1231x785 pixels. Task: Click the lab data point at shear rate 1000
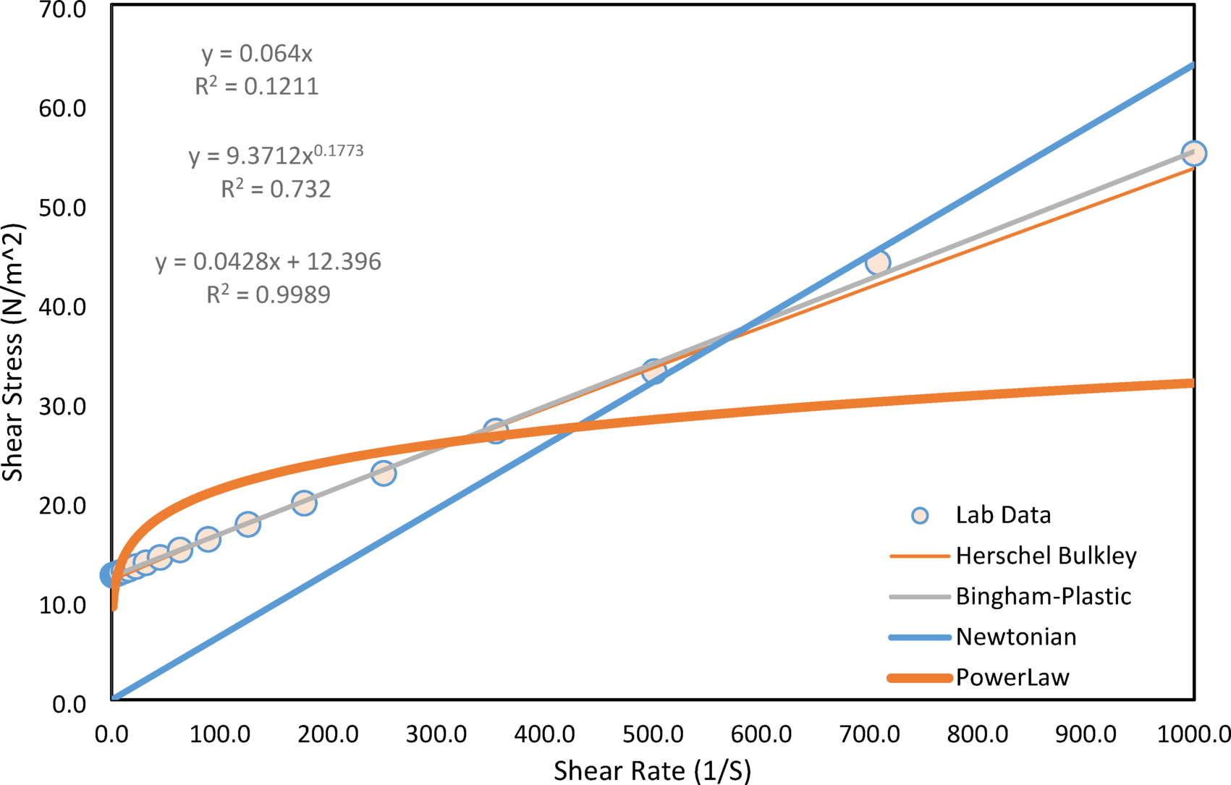[x=1193, y=153]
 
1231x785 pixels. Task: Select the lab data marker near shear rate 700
[x=878, y=263]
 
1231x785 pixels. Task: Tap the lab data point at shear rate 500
[x=654, y=371]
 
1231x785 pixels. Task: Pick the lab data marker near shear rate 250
[x=384, y=473]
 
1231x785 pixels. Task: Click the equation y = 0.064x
[x=257, y=54]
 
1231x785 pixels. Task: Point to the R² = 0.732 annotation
[x=276, y=190]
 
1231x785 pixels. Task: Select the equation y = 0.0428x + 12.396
[x=268, y=262]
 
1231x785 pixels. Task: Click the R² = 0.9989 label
[x=268, y=295]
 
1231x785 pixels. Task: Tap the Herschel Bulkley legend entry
[x=1046, y=556]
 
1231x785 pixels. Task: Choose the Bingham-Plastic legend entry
[x=1043, y=596]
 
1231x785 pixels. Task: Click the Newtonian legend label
[x=1015, y=637]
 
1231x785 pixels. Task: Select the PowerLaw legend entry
[x=1012, y=677]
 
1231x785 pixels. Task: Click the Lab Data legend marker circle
[x=920, y=515]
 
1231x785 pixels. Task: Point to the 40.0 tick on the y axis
[x=62, y=307]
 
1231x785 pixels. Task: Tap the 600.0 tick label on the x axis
[x=761, y=735]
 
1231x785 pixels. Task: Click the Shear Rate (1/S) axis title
[x=652, y=771]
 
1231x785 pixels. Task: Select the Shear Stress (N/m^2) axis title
[x=13, y=352]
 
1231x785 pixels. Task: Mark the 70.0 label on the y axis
[x=62, y=10]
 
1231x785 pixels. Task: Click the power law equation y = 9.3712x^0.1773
[x=276, y=155]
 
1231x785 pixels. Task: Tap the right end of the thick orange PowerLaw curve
[x=1190, y=383]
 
